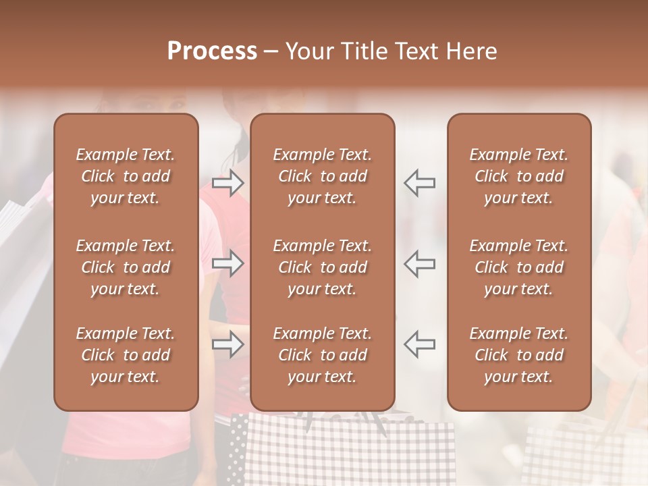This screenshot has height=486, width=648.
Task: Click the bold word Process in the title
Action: pyautogui.click(x=212, y=51)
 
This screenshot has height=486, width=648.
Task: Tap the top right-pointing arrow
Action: pyautogui.click(x=228, y=183)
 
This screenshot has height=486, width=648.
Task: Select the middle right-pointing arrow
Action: pyautogui.click(x=228, y=263)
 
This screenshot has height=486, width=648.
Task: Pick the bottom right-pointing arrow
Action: pyautogui.click(x=228, y=344)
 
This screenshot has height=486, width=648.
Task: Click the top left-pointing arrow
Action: pyautogui.click(x=420, y=183)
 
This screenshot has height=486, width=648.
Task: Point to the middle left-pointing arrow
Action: pyautogui.click(x=420, y=263)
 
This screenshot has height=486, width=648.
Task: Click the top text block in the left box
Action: pyautogui.click(x=126, y=176)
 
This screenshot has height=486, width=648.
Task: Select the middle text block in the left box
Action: pyautogui.click(x=126, y=267)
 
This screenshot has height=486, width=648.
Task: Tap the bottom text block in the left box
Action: pyautogui.click(x=126, y=355)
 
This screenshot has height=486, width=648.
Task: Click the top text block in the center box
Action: pyautogui.click(x=323, y=176)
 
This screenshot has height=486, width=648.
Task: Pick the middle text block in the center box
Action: pyautogui.click(x=323, y=267)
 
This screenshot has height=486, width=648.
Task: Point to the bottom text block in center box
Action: pyautogui.click(x=323, y=355)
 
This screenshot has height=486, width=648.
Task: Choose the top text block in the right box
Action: pyautogui.click(x=519, y=176)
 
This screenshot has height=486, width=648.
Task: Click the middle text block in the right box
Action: pyautogui.click(x=519, y=267)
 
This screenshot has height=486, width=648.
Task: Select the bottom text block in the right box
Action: pyautogui.click(x=519, y=355)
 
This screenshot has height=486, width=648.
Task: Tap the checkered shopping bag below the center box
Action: pyautogui.click(x=351, y=452)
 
